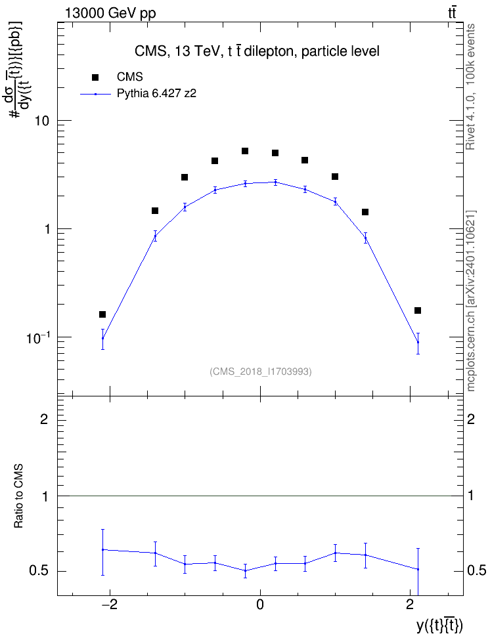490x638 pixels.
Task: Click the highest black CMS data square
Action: point(245,152)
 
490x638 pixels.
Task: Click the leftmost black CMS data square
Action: point(102,314)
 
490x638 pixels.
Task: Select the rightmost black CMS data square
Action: point(418,310)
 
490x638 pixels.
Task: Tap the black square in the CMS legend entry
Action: point(95,77)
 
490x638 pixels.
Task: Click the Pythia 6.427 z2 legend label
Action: point(156,94)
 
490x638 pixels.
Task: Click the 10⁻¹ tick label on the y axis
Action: point(38,337)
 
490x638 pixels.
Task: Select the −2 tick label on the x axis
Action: point(109,605)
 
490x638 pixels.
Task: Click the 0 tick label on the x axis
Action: point(260,605)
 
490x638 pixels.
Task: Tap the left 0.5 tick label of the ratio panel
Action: point(39,571)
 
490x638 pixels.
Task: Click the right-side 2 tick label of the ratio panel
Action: point(471,419)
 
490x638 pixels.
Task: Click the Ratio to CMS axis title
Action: point(18,496)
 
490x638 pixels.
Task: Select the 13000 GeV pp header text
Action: point(110,13)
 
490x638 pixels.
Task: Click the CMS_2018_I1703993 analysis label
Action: point(261,372)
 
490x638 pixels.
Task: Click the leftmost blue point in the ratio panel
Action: point(103,549)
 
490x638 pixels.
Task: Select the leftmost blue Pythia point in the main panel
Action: point(103,338)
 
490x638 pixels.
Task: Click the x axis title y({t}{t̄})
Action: point(439,625)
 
